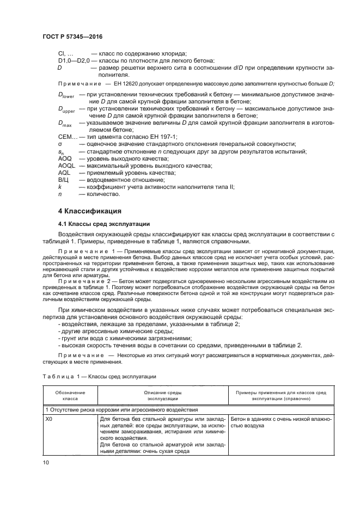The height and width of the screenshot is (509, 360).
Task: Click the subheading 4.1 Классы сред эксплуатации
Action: [105, 224]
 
